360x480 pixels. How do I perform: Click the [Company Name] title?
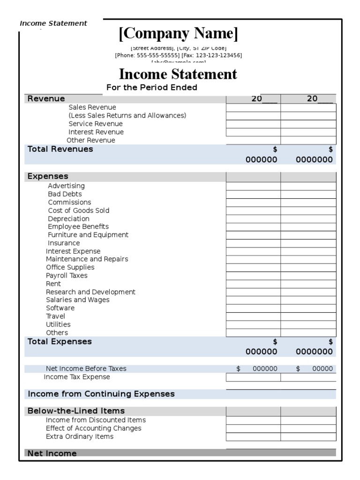[178, 34]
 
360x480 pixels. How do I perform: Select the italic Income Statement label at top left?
[53, 23]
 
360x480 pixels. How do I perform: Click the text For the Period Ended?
[152, 88]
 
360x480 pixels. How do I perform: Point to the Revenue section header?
[46, 98]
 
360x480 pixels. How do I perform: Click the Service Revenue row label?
[96, 124]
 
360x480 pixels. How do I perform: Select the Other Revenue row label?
[90, 140]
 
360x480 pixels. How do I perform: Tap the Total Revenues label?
[60, 149]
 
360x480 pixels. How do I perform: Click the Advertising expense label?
[66, 186]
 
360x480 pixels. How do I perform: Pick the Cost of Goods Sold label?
[78, 210]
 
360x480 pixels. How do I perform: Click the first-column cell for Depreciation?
[253, 219]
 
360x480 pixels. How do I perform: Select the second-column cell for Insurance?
[308, 243]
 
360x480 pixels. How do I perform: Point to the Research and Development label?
[90, 292]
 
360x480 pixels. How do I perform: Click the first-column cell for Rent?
[253, 284]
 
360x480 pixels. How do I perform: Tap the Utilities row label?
[58, 324]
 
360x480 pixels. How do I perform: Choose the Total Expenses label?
[60, 342]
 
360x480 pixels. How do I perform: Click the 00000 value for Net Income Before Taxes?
[322, 369]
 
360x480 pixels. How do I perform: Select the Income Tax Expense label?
[77, 377]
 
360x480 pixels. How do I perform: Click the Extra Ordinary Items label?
[79, 436]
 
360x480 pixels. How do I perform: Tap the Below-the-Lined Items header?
[76, 411]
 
